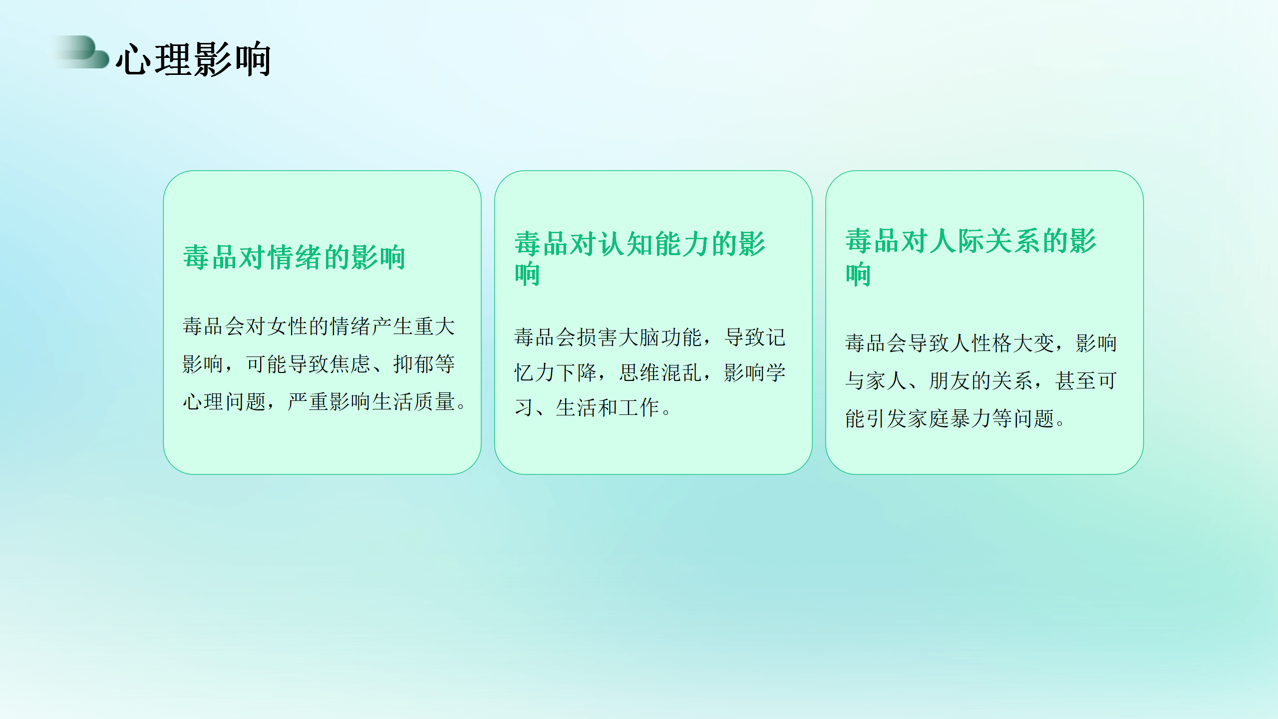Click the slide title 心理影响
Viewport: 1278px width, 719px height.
click(x=194, y=59)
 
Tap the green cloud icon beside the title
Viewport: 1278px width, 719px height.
click(x=82, y=52)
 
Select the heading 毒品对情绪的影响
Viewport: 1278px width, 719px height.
click(x=295, y=258)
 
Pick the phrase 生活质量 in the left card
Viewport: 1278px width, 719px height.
click(x=413, y=402)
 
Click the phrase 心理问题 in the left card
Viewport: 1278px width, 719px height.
click(x=225, y=402)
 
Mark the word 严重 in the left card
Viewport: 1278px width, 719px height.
click(x=309, y=402)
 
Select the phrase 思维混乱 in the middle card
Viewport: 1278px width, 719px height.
click(x=660, y=372)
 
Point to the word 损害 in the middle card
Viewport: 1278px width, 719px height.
click(x=598, y=338)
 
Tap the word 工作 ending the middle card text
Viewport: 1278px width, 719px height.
click(x=639, y=407)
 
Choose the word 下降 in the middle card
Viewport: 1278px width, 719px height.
click(x=577, y=372)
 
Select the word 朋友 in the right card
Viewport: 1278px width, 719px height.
click(x=950, y=381)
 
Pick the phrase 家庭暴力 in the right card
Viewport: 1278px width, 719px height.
click(x=950, y=418)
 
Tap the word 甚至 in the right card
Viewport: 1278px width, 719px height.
click(x=1075, y=381)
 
